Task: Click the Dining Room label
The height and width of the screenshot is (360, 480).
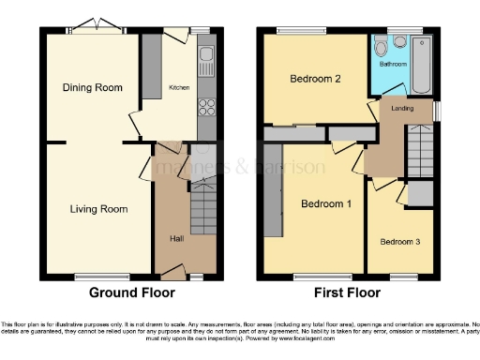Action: tap(93, 87)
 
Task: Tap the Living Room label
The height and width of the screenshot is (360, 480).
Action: tap(98, 208)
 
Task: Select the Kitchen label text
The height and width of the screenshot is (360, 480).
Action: tap(179, 87)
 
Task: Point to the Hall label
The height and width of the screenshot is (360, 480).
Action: tap(176, 238)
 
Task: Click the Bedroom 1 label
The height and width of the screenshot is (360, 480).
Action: tap(326, 203)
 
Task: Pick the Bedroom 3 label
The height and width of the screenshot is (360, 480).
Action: tap(399, 242)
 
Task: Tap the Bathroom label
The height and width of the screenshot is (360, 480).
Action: tap(393, 64)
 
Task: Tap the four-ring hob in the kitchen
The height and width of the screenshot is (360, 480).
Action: tap(206, 106)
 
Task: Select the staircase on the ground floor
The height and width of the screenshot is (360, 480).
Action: tap(203, 206)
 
